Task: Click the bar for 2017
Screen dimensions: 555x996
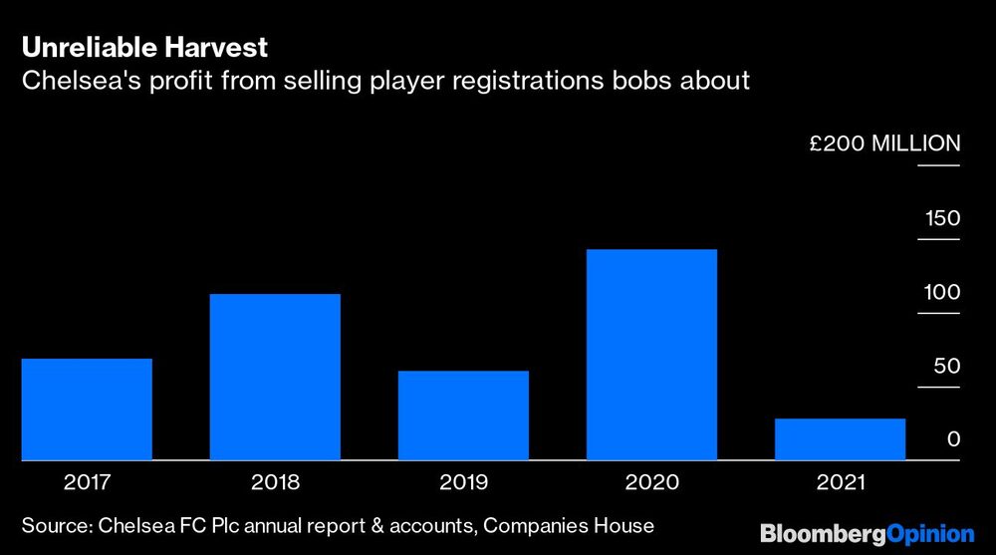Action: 87,409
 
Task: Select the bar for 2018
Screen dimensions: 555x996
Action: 275,377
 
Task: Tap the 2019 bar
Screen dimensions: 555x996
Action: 463,416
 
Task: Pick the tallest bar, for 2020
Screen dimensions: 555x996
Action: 651,354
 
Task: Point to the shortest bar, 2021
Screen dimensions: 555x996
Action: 840,439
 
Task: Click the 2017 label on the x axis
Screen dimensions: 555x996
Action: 87,483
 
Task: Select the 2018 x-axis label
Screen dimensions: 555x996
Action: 275,483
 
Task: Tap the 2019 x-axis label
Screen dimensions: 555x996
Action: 463,483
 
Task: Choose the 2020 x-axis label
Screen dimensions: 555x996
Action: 651,483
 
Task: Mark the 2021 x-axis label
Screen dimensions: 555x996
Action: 840,483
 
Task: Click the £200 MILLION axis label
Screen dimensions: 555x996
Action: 884,143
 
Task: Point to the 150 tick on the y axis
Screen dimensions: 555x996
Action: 941,219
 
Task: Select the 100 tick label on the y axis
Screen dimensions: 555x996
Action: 941,293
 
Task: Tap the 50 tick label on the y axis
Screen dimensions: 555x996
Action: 946,367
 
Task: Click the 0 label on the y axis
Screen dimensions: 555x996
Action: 953,439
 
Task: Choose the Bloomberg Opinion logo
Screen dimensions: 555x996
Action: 868,533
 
